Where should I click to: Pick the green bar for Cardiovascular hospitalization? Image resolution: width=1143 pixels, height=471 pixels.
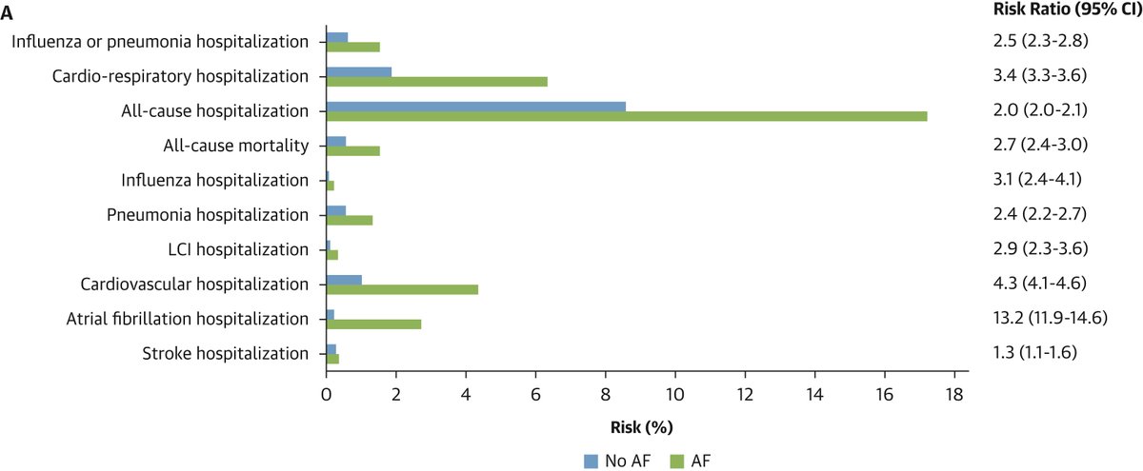click(401, 289)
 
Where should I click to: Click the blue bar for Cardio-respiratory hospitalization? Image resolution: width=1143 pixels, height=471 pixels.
click(358, 71)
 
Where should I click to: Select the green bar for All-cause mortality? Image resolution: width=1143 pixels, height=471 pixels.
click(352, 150)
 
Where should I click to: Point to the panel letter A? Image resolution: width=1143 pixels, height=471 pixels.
click(8, 9)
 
